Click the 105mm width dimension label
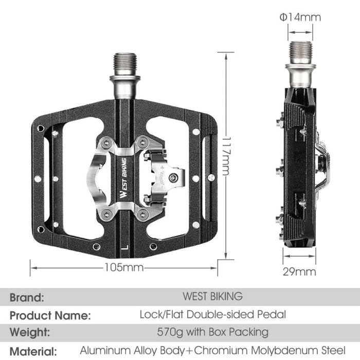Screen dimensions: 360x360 coord(123,267)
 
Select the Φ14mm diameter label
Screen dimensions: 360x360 coord(300,17)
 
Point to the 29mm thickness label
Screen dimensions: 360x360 coord(299,271)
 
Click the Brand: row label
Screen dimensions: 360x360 coord(27,297)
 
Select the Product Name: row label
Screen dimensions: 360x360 coord(50,315)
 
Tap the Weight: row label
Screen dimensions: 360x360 coord(30,332)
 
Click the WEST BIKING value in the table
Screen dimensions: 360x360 coord(212,296)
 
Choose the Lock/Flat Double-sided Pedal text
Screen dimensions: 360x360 coord(212,314)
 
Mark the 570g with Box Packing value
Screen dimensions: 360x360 coord(212,332)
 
